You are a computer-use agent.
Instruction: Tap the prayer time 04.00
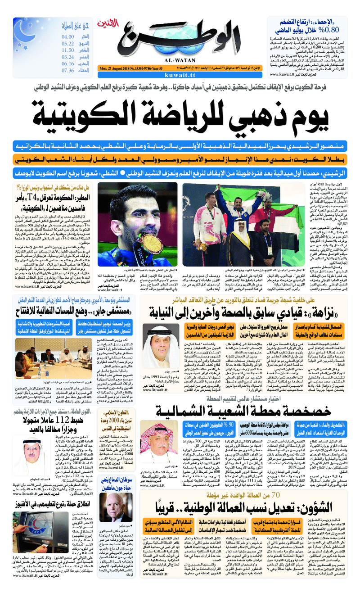click(x=67, y=36)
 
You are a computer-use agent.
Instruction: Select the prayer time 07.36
click(x=67, y=70)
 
